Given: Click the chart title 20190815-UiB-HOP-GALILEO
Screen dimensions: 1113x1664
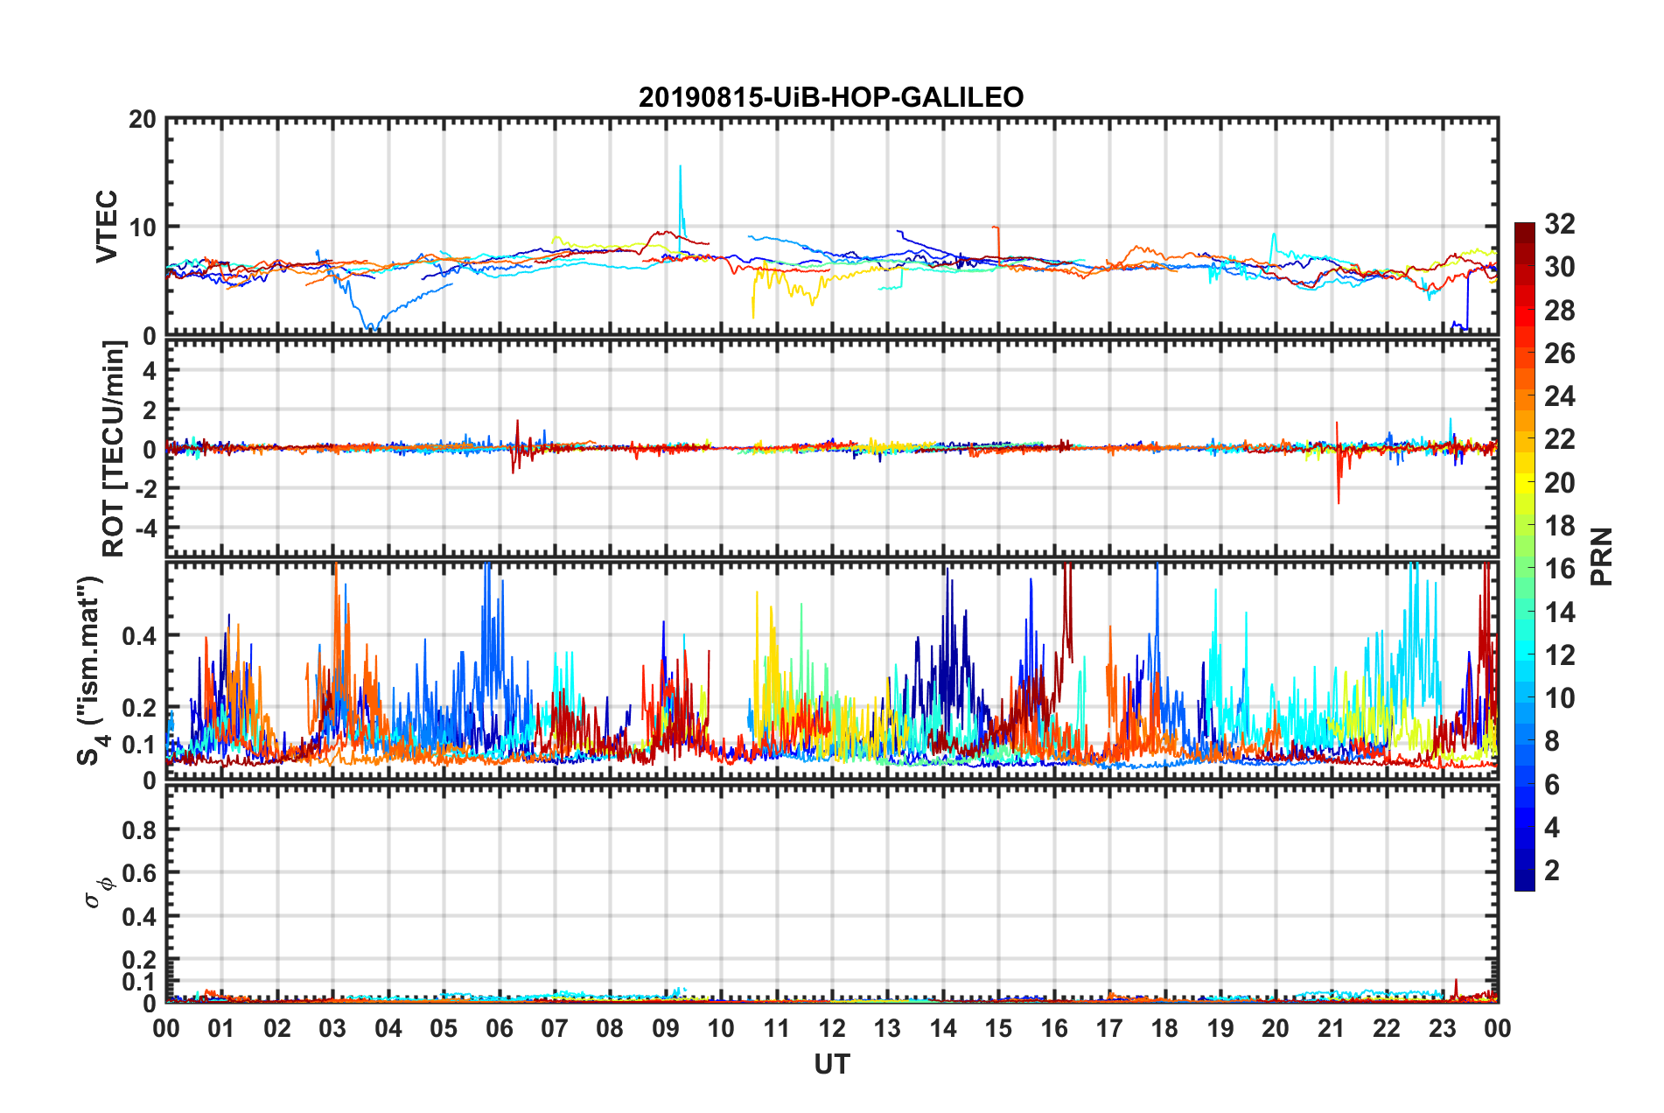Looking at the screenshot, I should click(830, 97).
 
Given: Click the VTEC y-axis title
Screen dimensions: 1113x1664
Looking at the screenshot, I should click(107, 226).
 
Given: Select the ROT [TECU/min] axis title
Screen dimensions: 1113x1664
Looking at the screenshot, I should click(114, 449).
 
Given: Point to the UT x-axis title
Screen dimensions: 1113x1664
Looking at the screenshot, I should click(831, 1064).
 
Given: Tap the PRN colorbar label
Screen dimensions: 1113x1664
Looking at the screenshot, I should click(1601, 556).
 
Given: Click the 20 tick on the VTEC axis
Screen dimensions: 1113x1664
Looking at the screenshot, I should click(142, 120).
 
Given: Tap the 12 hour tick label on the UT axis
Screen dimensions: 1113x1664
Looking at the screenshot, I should click(832, 1029).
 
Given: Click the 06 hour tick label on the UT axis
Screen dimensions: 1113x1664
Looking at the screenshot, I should click(500, 1029).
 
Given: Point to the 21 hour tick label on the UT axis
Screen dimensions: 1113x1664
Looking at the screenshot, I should click(1331, 1029).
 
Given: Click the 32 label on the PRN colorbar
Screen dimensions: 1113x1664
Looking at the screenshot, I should click(1559, 224).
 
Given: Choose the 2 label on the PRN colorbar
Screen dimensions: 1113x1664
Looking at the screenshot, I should click(1552, 871).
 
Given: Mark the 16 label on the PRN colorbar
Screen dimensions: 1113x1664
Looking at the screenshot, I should click(1559, 569).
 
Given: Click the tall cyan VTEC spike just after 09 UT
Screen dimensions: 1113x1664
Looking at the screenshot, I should click(681, 168).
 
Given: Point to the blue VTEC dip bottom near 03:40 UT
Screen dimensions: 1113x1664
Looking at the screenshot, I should click(369, 327).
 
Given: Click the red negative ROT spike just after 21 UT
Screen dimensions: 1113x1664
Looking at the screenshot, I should click(1339, 500).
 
